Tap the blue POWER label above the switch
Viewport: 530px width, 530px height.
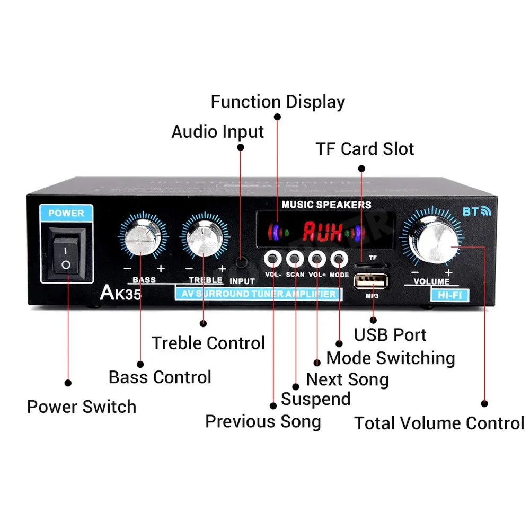66,213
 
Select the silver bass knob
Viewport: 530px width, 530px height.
142,236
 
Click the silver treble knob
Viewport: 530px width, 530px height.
202,237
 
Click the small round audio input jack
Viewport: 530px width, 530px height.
241,261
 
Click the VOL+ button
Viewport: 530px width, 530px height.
316,259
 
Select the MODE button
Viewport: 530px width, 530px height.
338,259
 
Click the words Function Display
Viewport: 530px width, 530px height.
278,102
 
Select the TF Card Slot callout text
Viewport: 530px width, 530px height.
365,149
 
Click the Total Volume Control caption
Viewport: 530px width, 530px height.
439,423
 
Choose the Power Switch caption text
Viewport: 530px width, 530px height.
82,407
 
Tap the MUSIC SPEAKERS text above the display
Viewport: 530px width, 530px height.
326,205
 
